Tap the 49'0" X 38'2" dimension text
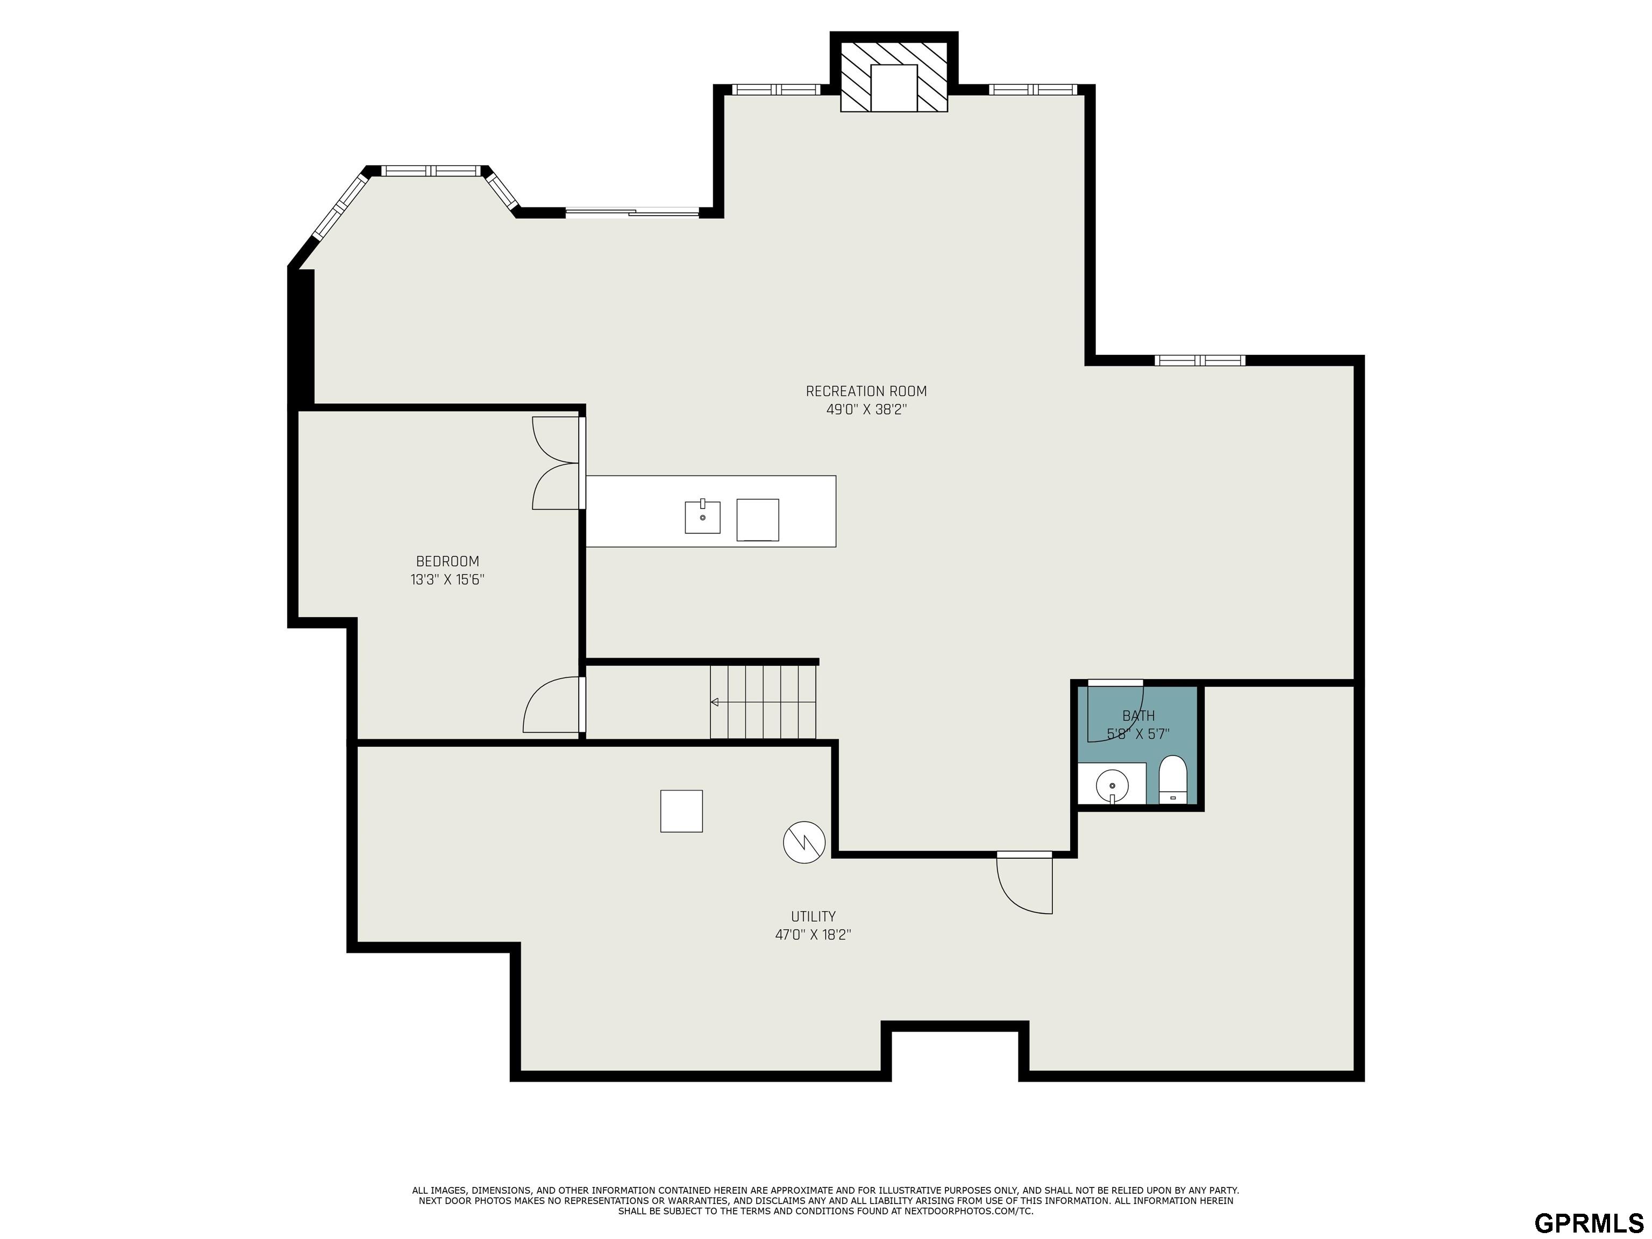click(866, 409)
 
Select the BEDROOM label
click(447, 561)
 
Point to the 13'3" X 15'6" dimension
click(447, 580)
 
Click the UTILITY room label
click(813, 916)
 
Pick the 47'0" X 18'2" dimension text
click(813, 934)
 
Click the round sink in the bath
click(1112, 786)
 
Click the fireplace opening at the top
click(893, 88)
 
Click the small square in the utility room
click(681, 811)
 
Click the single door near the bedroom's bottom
click(553, 704)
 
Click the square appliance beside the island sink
click(757, 520)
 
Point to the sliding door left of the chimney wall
click(632, 213)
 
